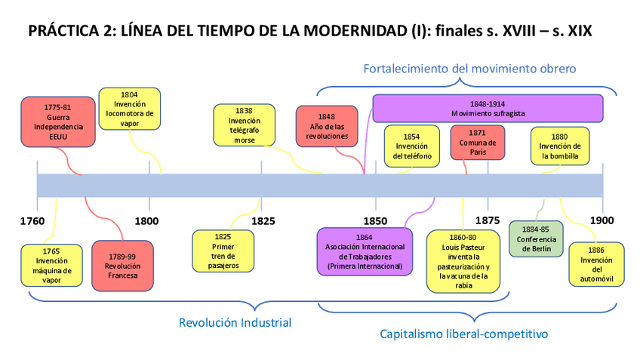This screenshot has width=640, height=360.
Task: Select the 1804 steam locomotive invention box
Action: [129, 109]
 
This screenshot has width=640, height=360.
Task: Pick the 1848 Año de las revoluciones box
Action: [326, 126]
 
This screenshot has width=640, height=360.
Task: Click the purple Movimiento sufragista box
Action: [488, 108]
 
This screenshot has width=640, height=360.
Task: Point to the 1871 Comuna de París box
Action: [477, 143]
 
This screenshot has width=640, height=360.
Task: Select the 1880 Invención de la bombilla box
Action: [560, 146]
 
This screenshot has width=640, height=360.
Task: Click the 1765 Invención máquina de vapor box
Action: [52, 265]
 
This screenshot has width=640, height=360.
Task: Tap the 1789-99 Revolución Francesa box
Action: [122, 265]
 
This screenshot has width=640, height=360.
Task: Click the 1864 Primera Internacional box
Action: [365, 251]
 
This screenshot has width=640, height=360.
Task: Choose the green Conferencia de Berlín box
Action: [536, 238]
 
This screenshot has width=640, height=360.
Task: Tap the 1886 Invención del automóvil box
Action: [596, 263]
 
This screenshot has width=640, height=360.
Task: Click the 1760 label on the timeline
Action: [32, 221]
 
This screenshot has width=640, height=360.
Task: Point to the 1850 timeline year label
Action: [375, 221]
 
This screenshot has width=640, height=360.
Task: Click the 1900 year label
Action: [602, 221]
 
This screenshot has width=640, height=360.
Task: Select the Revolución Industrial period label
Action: [235, 323]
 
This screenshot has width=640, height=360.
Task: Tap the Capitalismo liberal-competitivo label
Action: [463, 333]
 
